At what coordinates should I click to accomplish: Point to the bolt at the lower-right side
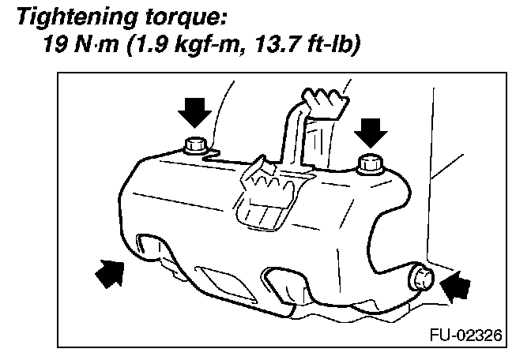(x=422, y=279)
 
